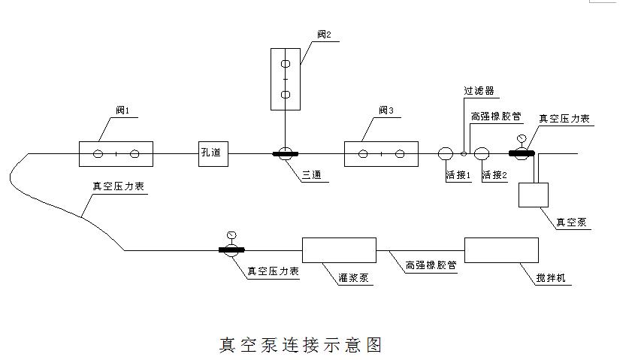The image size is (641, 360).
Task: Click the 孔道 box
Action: (x=211, y=153)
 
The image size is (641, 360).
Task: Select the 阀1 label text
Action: (x=122, y=110)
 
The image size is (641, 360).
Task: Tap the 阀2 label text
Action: (x=323, y=33)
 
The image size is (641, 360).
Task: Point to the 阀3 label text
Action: (x=386, y=110)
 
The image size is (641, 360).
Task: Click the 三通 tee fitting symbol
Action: (x=286, y=154)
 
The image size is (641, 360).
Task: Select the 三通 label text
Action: (x=312, y=175)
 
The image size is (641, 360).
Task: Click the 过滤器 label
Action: (x=479, y=91)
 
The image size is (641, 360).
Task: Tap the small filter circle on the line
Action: (x=464, y=153)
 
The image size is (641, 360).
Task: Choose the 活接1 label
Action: (x=458, y=176)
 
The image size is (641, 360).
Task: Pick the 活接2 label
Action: (x=495, y=176)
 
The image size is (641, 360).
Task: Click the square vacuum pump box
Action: (x=534, y=195)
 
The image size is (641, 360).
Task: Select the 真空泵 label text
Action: (x=570, y=222)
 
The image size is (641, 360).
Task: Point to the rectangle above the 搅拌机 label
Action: (x=501, y=250)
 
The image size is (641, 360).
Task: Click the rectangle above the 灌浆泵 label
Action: (x=338, y=250)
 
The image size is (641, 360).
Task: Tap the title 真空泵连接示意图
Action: (x=301, y=345)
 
